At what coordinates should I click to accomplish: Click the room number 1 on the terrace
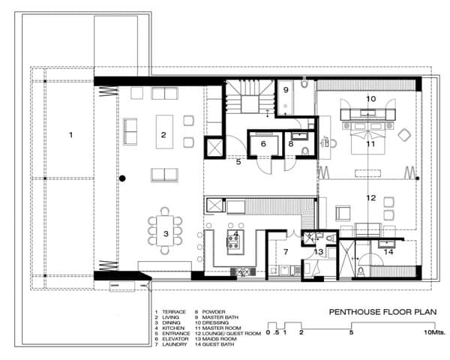70,135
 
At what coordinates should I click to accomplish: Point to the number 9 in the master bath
286,89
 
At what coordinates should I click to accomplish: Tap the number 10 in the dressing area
370,98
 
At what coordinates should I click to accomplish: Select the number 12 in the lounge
370,198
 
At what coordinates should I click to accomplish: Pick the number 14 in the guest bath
387,252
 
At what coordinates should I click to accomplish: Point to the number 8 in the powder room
291,143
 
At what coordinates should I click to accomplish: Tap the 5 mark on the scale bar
352,331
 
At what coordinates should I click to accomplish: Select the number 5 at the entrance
238,160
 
